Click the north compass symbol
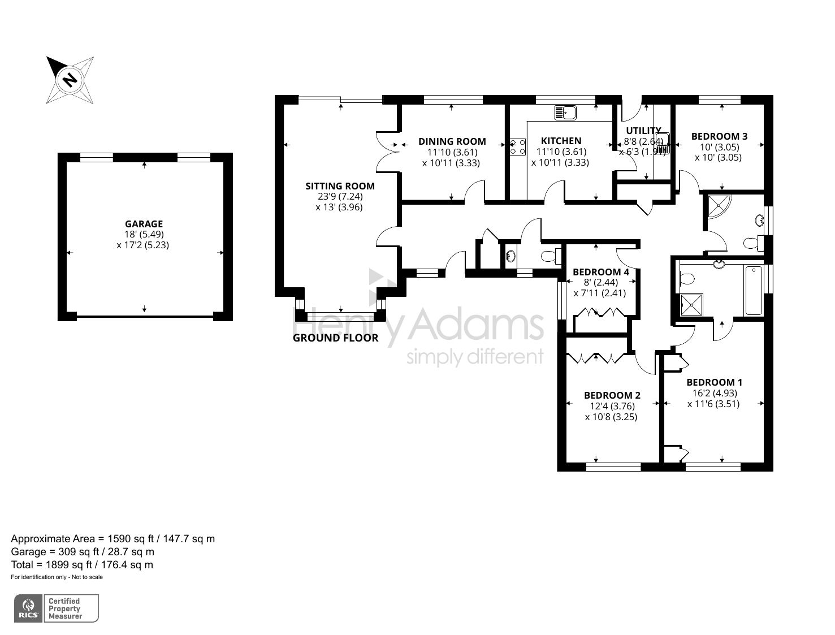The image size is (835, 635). pyautogui.click(x=70, y=80)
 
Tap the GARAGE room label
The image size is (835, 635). pyautogui.click(x=144, y=224)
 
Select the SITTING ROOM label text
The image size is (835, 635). pyautogui.click(x=340, y=186)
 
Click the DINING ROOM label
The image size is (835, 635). pyautogui.click(x=452, y=141)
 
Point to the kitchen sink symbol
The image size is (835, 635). pyautogui.click(x=565, y=113)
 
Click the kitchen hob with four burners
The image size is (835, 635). pyautogui.click(x=517, y=147)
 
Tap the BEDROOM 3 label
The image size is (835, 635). pyautogui.click(x=719, y=136)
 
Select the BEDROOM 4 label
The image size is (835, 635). pyautogui.click(x=600, y=272)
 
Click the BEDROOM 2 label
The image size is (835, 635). pyautogui.click(x=612, y=395)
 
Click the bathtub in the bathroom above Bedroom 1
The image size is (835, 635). pyautogui.click(x=754, y=291)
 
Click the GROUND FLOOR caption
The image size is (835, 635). pyautogui.click(x=335, y=338)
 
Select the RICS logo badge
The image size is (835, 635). pyautogui.click(x=28, y=608)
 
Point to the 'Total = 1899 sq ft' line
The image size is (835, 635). pyautogui.click(x=82, y=564)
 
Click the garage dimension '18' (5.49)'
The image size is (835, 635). pyautogui.click(x=144, y=235)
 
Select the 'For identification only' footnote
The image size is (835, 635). pyautogui.click(x=57, y=577)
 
